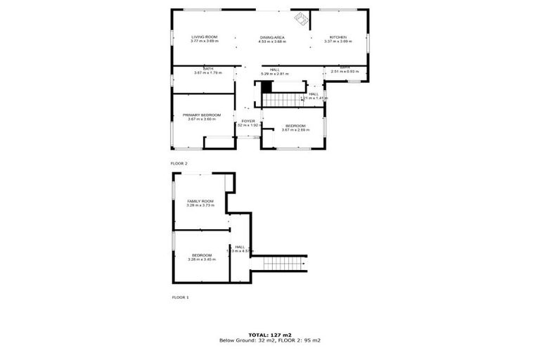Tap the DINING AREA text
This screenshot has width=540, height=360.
click(271, 37)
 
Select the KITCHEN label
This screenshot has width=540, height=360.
click(338, 37)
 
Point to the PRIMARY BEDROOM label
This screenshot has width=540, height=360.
click(202, 115)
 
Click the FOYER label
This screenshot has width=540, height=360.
click(248, 121)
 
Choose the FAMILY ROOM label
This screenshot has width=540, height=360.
click(200, 201)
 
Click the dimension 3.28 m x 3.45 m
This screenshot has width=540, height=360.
click(202, 259)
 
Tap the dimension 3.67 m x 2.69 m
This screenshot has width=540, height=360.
click(295, 129)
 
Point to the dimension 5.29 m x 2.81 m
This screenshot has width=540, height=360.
click(275, 74)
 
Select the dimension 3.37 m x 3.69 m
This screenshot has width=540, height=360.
click(338, 41)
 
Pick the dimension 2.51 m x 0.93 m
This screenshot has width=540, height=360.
click(345, 72)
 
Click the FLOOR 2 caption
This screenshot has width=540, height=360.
click(180, 163)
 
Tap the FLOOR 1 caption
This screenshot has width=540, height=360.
click(180, 297)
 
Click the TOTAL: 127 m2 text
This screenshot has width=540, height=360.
click(270, 335)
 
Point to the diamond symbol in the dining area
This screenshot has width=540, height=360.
click(300, 19)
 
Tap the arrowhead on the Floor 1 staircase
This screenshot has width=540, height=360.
click(303, 264)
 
